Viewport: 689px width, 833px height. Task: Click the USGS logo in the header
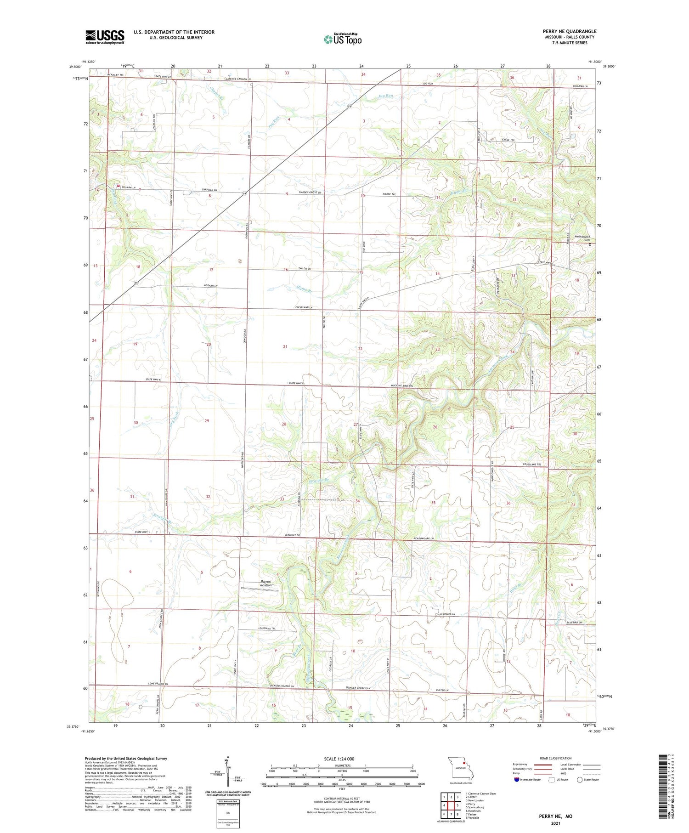105,37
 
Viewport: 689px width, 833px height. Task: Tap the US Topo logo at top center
342,40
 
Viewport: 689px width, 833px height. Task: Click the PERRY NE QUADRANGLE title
569,31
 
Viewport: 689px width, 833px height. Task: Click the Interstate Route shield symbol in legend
516,779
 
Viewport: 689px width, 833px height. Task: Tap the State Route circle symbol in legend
580,779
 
